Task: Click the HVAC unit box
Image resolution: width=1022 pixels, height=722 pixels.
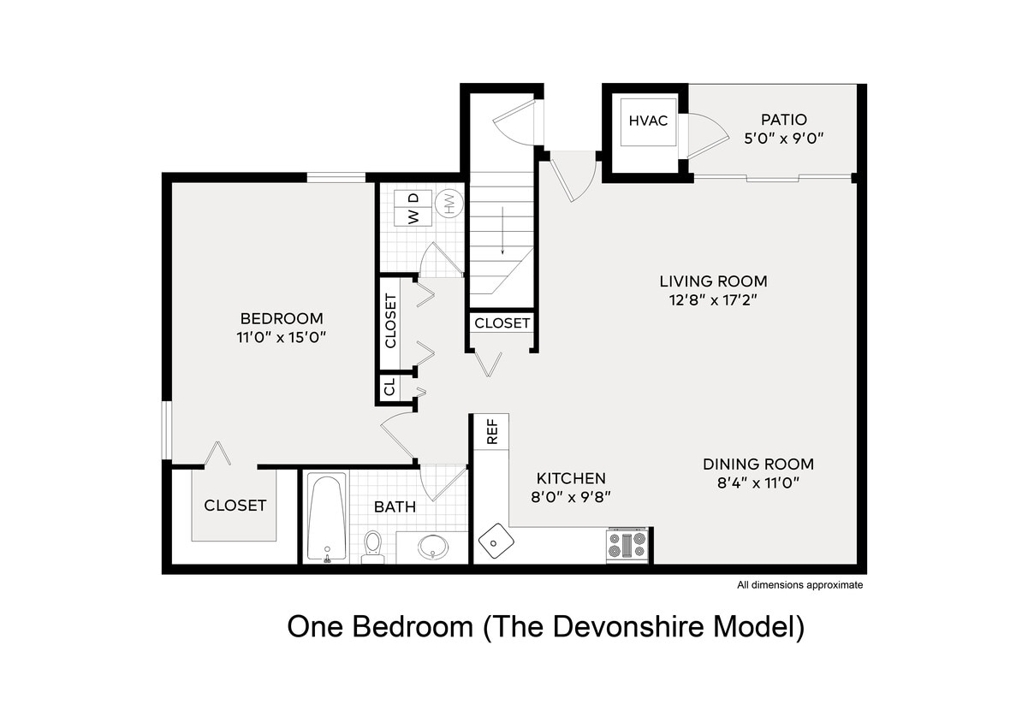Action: [649, 121]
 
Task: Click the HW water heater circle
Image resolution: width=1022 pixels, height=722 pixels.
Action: [448, 203]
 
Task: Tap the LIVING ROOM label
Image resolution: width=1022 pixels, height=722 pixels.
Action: [713, 281]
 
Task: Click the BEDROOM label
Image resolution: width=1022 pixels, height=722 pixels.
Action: [281, 318]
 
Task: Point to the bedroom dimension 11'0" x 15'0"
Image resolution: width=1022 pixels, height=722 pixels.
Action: [282, 337]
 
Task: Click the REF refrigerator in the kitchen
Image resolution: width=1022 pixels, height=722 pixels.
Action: [492, 432]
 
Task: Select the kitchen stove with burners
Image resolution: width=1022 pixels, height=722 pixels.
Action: [627, 545]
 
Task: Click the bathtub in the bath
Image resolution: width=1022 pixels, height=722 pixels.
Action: [326, 518]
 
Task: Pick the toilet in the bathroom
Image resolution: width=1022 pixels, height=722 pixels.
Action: [373, 545]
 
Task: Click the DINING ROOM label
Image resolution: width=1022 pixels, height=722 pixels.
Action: [758, 465]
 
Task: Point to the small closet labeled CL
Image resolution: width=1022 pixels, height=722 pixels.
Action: [390, 389]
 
